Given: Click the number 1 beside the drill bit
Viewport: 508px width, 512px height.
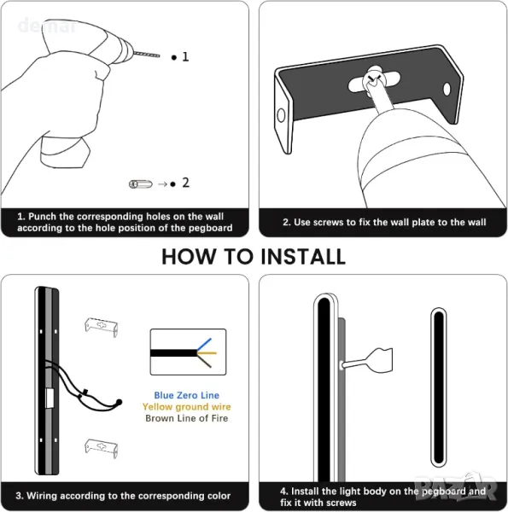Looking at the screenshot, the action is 185,57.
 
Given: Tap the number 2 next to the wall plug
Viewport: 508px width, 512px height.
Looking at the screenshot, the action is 185,183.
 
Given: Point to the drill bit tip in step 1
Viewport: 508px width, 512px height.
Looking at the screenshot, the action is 159,55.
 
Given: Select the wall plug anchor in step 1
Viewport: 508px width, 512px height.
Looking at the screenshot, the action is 141,184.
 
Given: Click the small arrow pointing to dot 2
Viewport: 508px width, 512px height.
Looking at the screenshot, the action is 162,184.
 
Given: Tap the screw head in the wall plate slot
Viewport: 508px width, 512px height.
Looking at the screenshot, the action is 373,79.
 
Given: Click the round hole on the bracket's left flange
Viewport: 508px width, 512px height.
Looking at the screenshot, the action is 281,115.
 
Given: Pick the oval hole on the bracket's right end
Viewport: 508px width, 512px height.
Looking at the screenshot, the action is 447,89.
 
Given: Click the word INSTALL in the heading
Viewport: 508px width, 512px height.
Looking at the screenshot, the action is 303,257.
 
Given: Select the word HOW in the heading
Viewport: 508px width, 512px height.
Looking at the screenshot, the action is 190,257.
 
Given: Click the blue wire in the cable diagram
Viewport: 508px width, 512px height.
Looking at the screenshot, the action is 204,344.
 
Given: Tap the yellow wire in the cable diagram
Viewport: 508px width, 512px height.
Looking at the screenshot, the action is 207,353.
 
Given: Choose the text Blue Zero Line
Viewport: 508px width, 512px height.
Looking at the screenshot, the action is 186,395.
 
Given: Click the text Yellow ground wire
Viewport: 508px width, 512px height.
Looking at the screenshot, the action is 186,407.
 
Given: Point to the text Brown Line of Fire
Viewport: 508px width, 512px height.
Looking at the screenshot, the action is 186,418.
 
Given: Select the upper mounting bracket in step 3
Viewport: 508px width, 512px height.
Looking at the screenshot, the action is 102,327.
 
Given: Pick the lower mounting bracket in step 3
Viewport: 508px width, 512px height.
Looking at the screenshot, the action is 102,448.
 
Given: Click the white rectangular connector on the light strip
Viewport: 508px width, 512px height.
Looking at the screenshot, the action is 50,399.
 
